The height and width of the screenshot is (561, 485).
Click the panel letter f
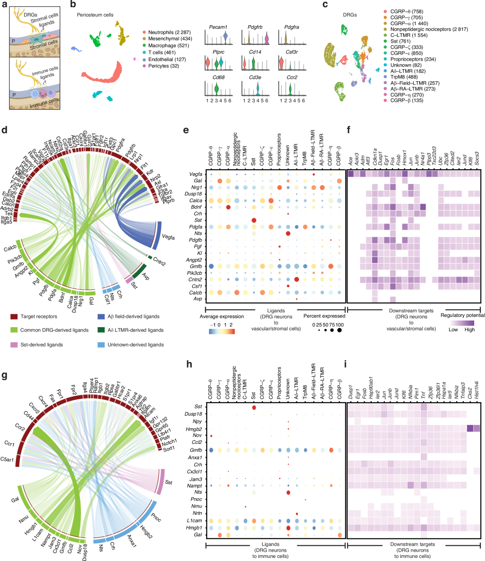point(350,130)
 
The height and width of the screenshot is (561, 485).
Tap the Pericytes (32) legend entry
point(163,66)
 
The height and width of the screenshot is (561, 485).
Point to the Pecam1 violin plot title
point(218,27)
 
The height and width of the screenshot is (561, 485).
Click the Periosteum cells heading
point(95,15)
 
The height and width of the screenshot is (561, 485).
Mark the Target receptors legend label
point(39,316)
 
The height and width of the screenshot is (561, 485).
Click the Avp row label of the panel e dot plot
point(198,299)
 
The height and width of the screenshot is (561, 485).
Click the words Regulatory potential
point(463,316)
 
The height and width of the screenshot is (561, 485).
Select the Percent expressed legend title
point(324,316)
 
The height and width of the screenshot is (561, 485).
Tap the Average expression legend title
point(222,316)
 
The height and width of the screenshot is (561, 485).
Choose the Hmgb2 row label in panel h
point(194,429)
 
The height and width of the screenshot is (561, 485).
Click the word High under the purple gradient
point(470,330)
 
